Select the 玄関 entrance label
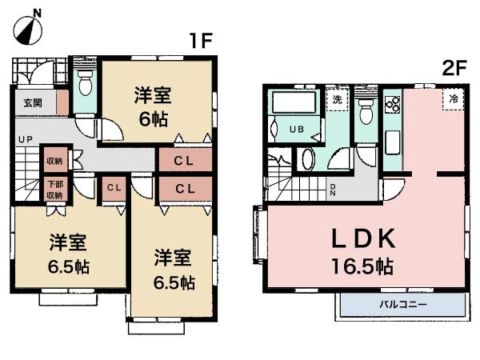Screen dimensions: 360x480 (x=33, y=102)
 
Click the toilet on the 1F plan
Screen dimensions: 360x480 (x=85, y=83)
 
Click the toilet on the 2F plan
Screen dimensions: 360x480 (x=366, y=111)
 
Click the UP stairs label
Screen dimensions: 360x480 (x=26, y=139)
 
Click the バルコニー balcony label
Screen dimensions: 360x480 (x=402, y=304)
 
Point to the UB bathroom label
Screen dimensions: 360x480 (x=296, y=128)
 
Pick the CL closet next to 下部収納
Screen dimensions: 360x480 (x=113, y=188)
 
